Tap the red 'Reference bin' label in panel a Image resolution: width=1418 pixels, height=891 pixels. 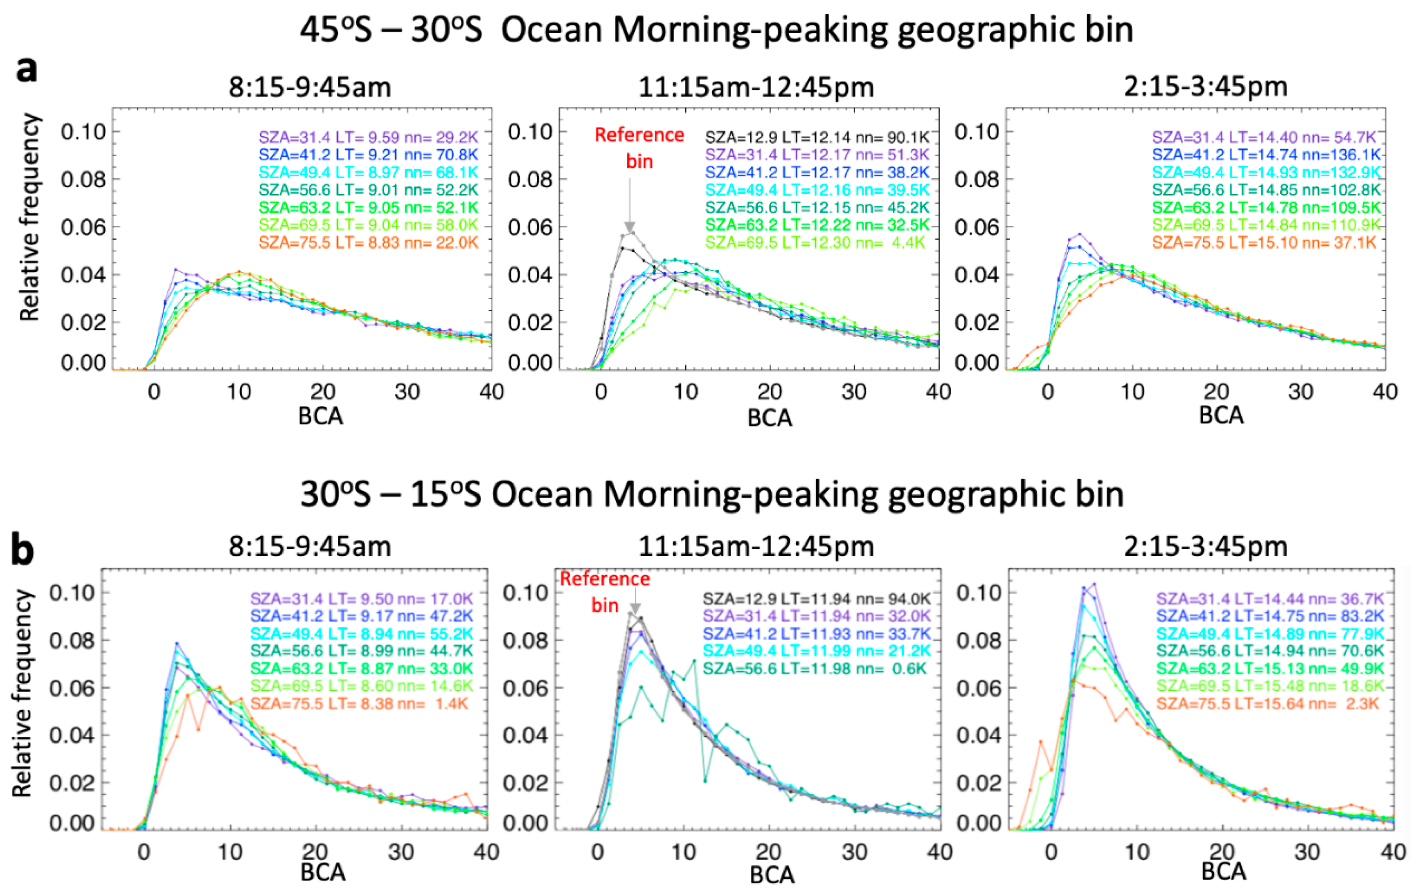(639, 147)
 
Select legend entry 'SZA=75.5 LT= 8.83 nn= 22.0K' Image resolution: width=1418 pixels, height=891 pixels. (368, 242)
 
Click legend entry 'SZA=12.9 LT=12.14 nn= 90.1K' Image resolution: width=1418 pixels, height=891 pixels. (817, 137)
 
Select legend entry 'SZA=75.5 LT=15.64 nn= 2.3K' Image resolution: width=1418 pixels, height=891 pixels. (1267, 703)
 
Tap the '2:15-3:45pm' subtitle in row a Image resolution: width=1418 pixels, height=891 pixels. (1205, 87)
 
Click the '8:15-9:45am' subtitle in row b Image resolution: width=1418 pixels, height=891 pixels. (310, 547)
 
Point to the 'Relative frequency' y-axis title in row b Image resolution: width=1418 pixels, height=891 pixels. (23, 694)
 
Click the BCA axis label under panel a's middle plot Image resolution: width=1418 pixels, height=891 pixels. (769, 418)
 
